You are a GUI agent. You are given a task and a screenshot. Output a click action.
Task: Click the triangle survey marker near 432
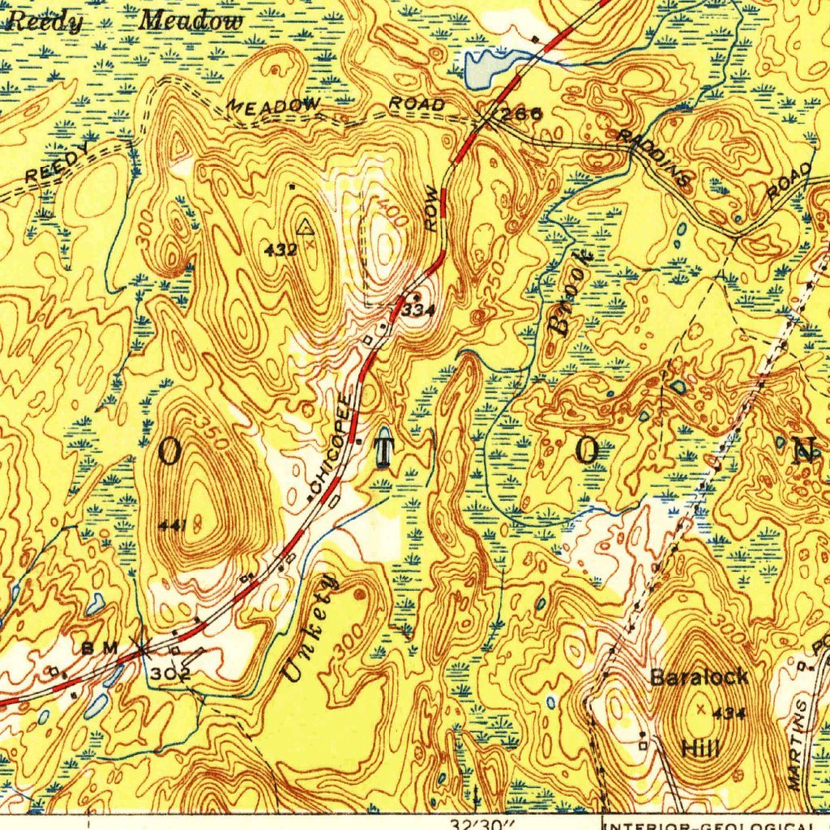305,226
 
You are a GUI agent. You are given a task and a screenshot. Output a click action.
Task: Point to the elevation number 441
173,525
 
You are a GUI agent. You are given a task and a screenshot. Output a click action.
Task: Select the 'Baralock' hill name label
699,677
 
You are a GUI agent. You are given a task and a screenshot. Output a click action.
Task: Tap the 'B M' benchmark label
101,648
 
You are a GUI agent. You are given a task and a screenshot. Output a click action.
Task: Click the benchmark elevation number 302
170,674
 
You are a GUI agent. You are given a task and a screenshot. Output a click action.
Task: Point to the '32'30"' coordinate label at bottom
485,823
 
